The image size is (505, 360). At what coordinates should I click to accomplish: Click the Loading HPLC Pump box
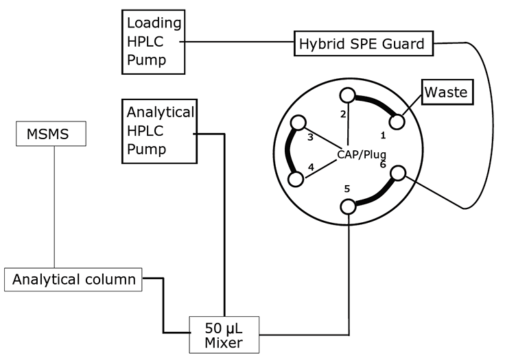[154, 42]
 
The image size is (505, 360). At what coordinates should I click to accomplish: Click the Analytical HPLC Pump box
[158, 131]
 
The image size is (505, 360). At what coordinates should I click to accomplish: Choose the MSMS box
[51, 133]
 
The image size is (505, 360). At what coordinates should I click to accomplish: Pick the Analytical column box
[73, 280]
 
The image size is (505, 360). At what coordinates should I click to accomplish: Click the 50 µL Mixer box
[224, 334]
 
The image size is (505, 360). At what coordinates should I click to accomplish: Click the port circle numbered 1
[396, 121]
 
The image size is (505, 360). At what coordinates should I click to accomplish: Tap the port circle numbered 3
[298, 123]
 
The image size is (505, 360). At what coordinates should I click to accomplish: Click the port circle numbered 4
[296, 179]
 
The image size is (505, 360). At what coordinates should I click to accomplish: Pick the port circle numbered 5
[349, 206]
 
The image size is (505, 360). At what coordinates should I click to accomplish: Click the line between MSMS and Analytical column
[54, 206]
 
